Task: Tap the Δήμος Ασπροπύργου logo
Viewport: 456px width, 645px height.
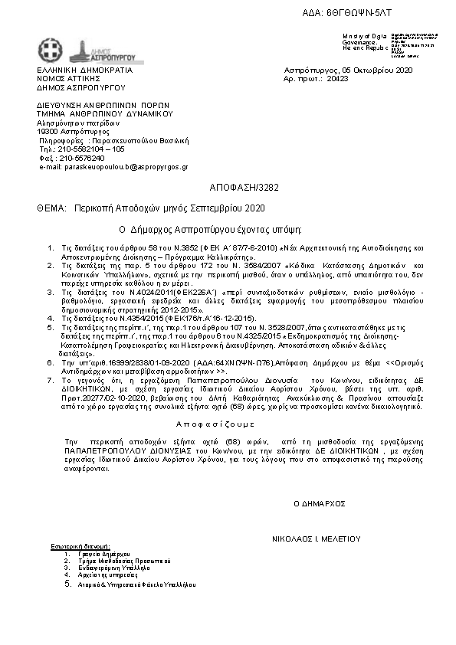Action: pos(89,49)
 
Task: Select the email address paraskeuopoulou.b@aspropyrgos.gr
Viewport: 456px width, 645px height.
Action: pos(113,166)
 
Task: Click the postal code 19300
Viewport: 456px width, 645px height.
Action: pos(48,131)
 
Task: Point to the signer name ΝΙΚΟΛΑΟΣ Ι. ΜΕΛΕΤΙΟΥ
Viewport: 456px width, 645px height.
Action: pos(316,539)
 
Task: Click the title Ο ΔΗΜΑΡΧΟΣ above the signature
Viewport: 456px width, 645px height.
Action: pos(320,503)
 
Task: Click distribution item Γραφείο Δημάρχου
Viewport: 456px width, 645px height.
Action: pos(99,553)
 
